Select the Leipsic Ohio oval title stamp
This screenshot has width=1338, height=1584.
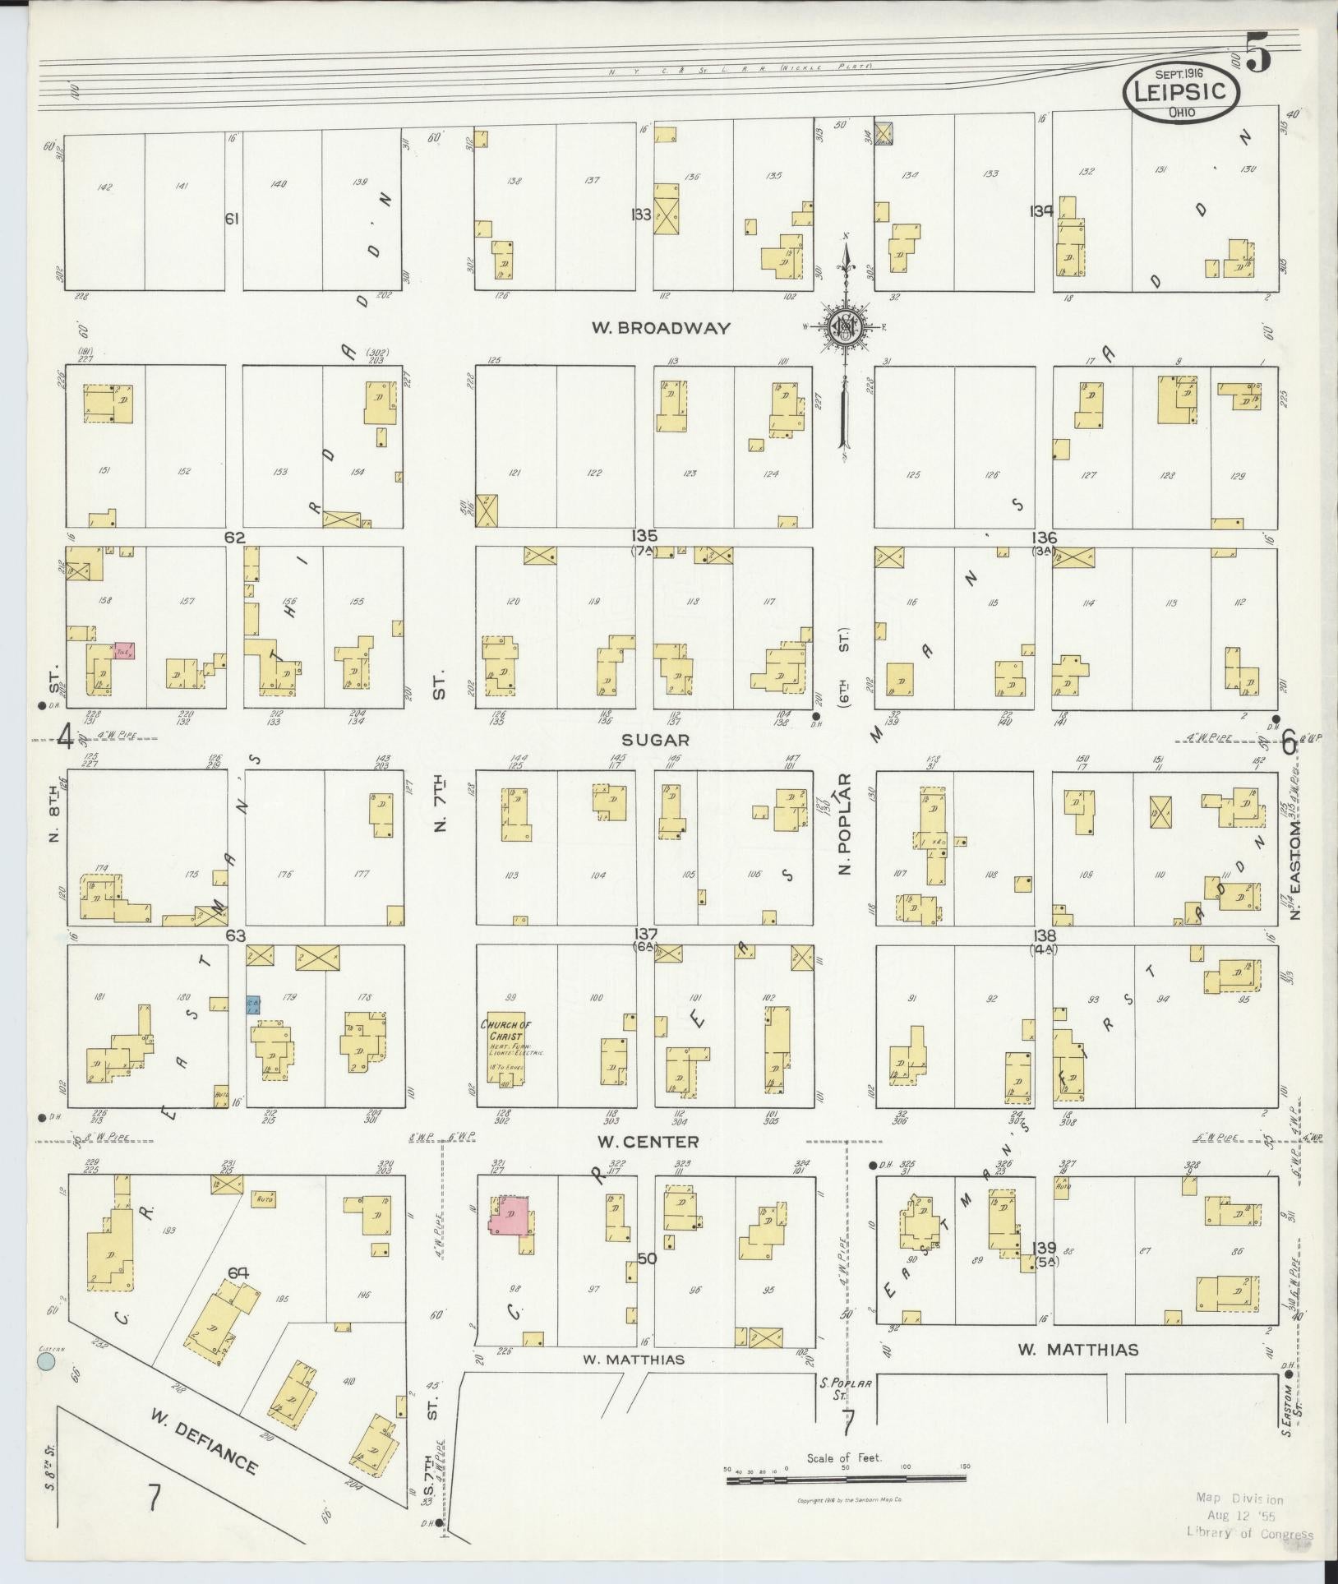pyautogui.click(x=1180, y=92)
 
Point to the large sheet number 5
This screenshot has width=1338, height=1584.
pyautogui.click(x=1257, y=55)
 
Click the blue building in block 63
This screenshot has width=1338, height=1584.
pyautogui.click(x=253, y=1005)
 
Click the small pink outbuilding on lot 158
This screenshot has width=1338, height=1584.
pyautogui.click(x=125, y=650)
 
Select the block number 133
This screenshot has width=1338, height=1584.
pyautogui.click(x=642, y=215)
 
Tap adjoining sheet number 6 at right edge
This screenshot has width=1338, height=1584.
pyautogui.click(x=1288, y=743)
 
